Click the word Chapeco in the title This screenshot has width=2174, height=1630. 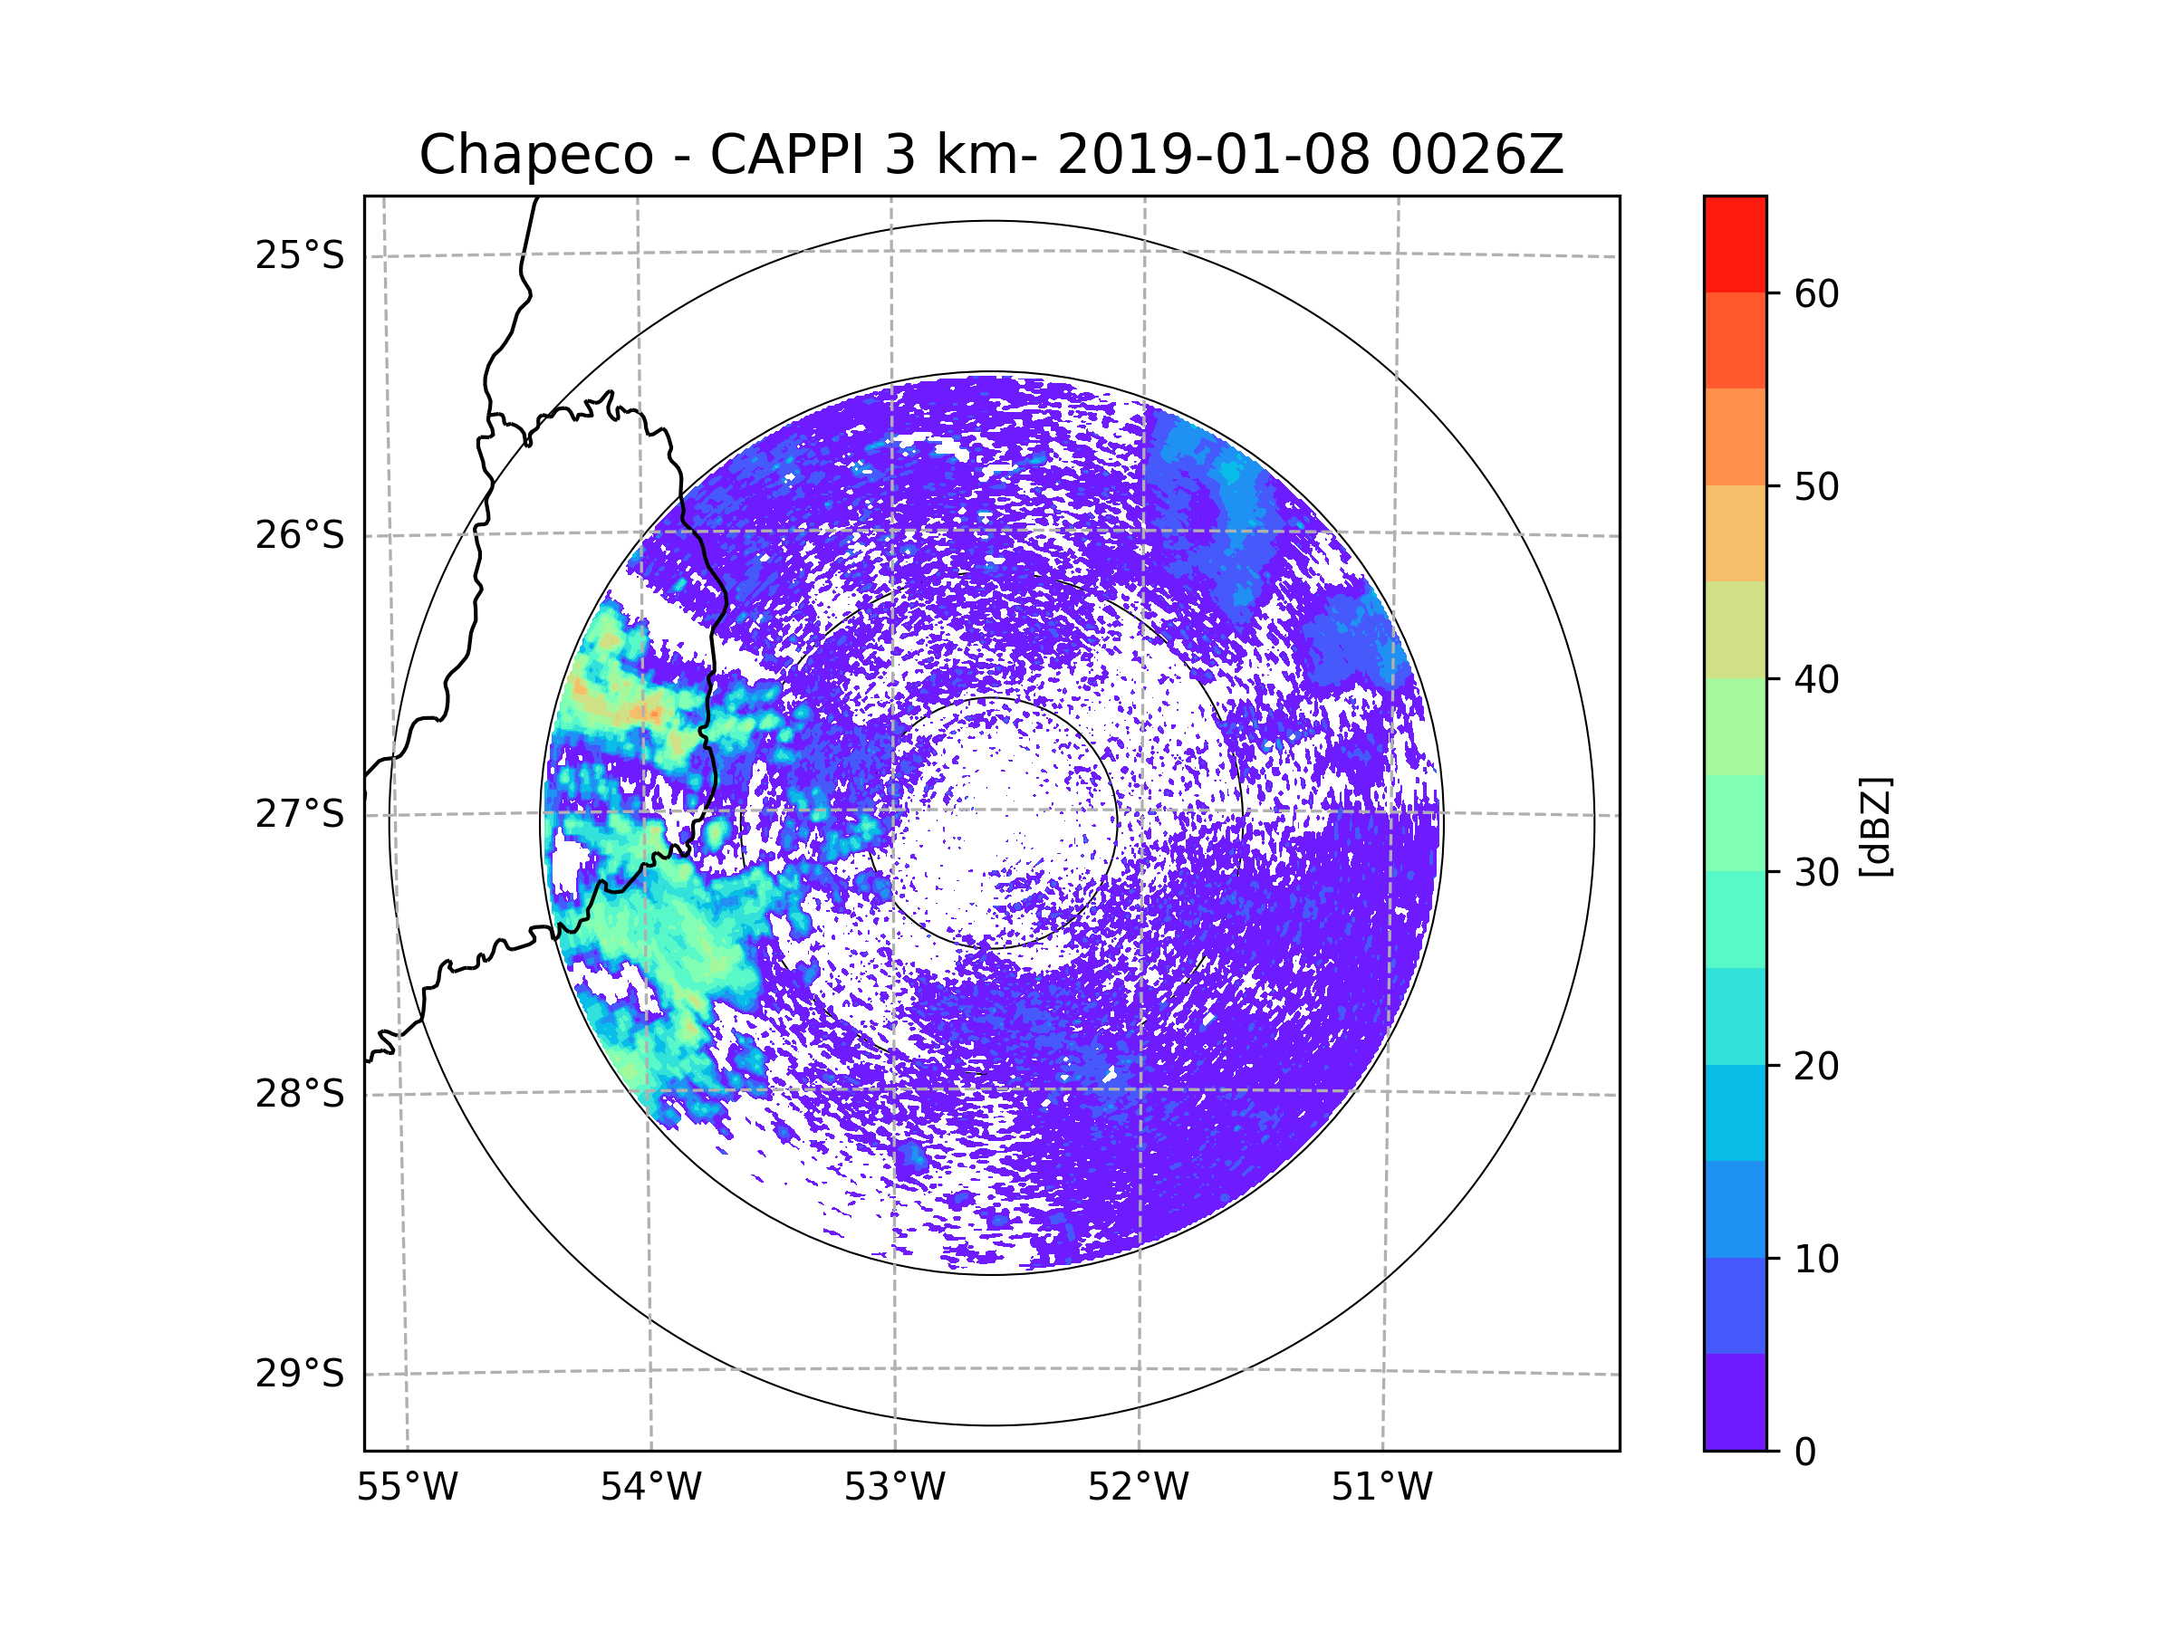tap(535, 155)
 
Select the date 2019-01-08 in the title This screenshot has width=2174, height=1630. tap(1213, 155)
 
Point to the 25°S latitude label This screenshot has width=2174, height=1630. tap(300, 255)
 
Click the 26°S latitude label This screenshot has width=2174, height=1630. tap(300, 535)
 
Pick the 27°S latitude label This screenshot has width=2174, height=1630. tap(300, 814)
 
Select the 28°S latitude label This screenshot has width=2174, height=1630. tap(300, 1094)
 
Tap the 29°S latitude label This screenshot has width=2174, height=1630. tap(300, 1374)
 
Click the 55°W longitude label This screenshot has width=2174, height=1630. tap(407, 1488)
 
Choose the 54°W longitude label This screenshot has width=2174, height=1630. tap(650, 1488)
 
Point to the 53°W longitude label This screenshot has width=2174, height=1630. tap(894, 1488)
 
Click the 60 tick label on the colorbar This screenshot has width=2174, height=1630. tap(1816, 293)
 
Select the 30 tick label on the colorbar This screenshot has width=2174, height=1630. tap(1816, 872)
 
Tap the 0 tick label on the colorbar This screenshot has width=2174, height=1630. tap(1805, 1453)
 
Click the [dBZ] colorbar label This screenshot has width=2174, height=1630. tap(1875, 826)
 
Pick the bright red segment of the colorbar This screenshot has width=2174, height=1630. tap(1735, 244)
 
